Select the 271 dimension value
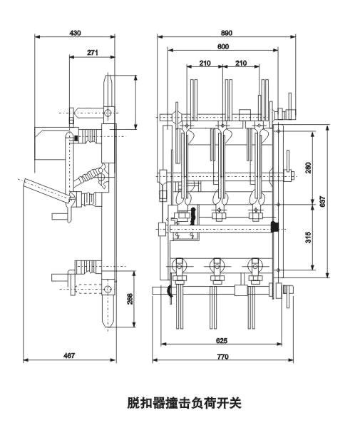pos(93,52)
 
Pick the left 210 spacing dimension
pos(205,63)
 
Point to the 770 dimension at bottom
pos(225,355)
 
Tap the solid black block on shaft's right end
pos(274,228)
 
